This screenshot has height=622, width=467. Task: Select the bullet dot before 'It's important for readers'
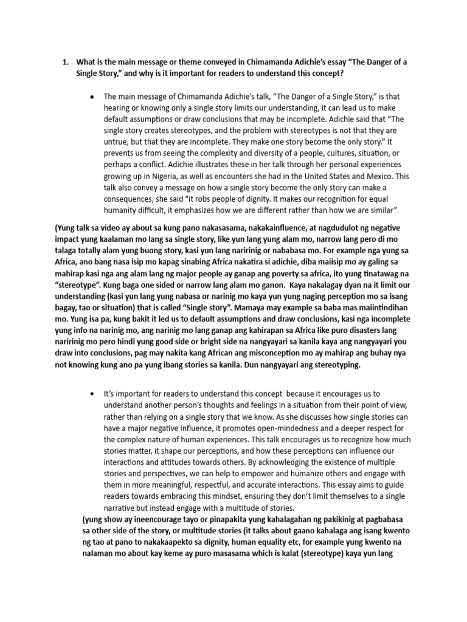(91, 394)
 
